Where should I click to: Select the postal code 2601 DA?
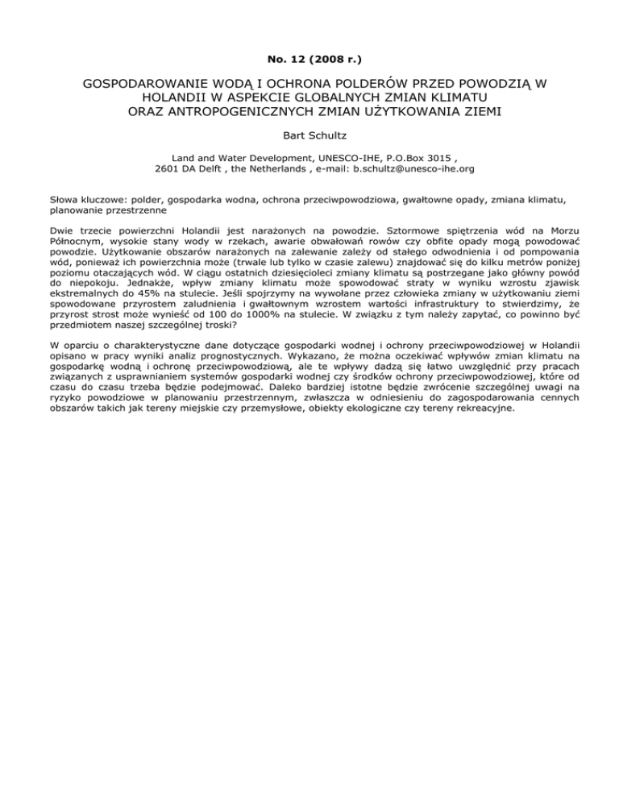pyautogui.click(x=182, y=170)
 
